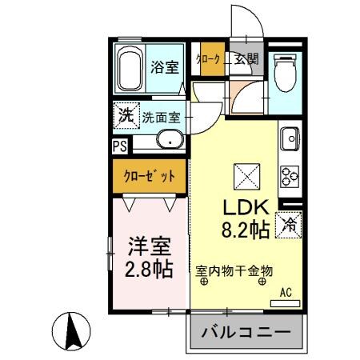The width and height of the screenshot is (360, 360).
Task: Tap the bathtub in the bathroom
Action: (130, 70)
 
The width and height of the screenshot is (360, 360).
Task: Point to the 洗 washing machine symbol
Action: (126, 115)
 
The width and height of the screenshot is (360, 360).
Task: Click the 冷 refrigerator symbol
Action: (288, 226)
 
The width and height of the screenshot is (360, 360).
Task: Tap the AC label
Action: (286, 293)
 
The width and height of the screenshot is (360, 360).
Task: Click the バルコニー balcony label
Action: (247, 332)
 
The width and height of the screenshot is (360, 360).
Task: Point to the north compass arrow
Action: (72, 331)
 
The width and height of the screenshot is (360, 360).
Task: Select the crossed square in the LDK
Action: (243, 174)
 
